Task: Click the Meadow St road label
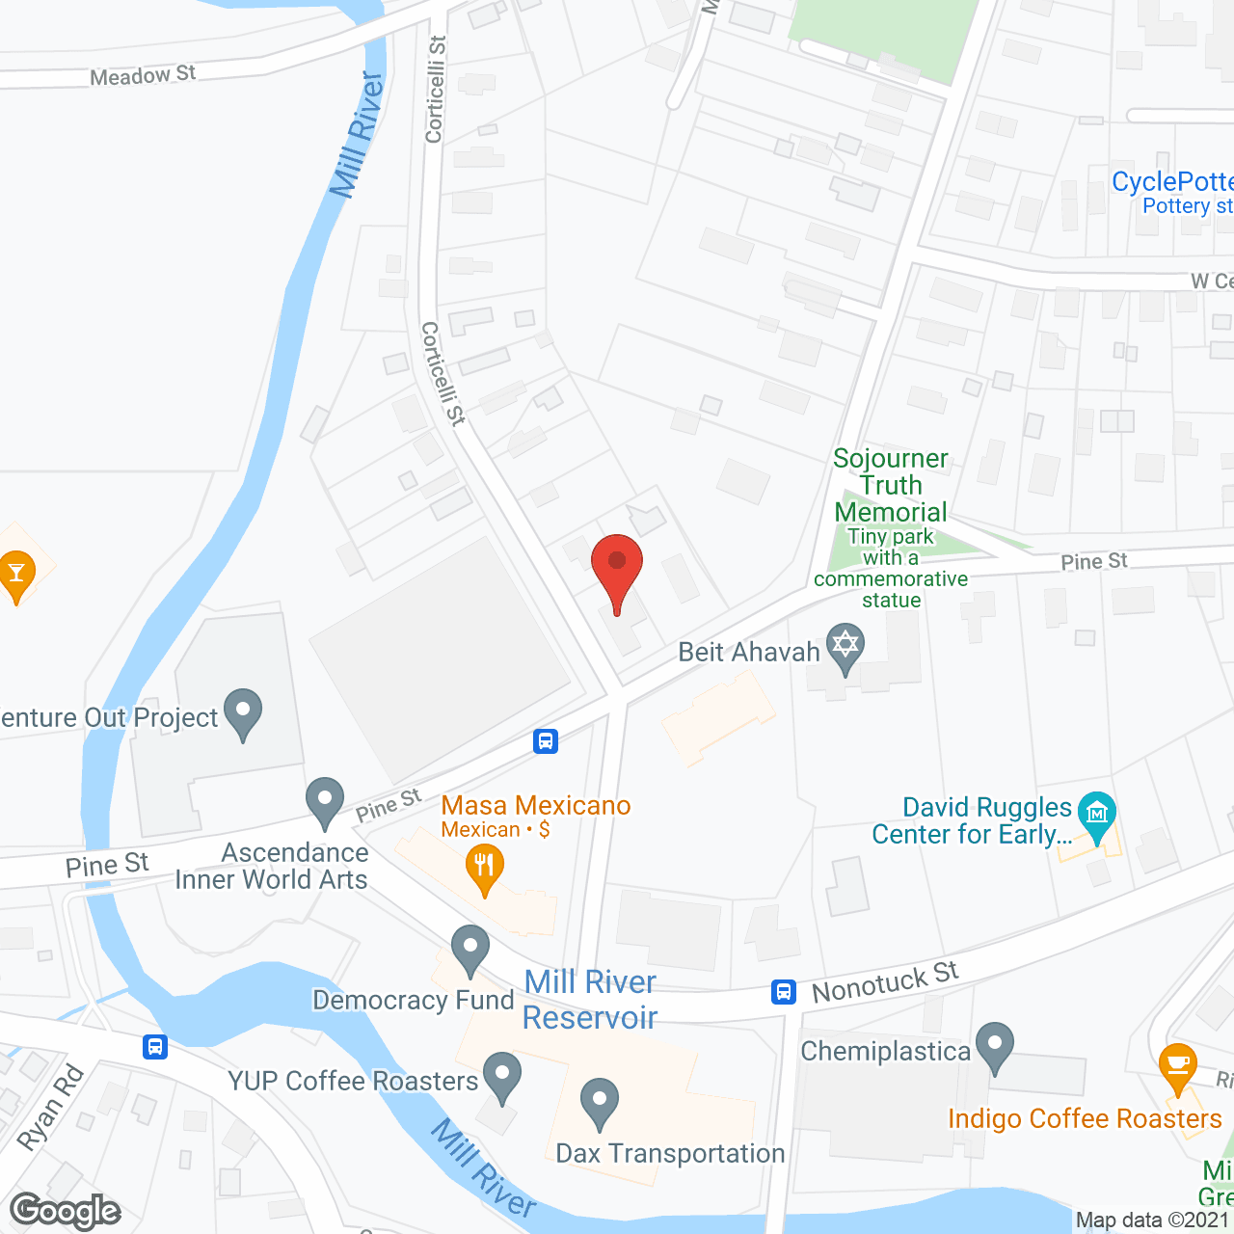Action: click(143, 75)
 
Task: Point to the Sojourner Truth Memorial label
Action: click(891, 485)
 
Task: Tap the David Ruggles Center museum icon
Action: click(1097, 815)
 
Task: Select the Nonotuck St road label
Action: click(885, 982)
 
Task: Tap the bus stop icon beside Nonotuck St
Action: click(784, 991)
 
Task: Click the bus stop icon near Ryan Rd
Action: click(155, 1046)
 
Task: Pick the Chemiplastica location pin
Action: click(994, 1045)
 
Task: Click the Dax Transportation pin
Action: click(600, 1101)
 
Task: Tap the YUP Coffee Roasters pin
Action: click(501, 1075)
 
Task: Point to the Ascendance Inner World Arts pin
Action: click(325, 800)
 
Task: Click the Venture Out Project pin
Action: click(243, 711)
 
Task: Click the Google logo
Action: click(66, 1211)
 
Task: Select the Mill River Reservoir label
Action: click(590, 1000)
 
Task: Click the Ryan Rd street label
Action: click(51, 1108)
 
